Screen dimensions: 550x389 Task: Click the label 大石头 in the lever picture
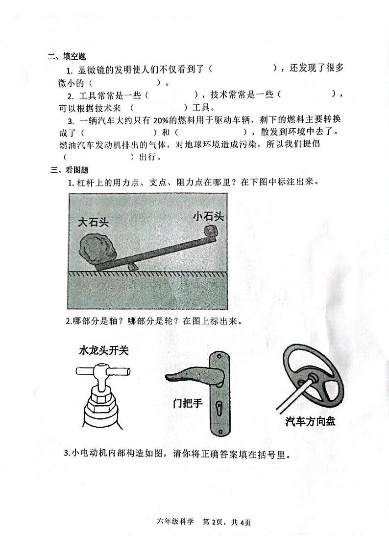point(93,221)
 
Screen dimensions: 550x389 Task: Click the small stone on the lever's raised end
point(211,231)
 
